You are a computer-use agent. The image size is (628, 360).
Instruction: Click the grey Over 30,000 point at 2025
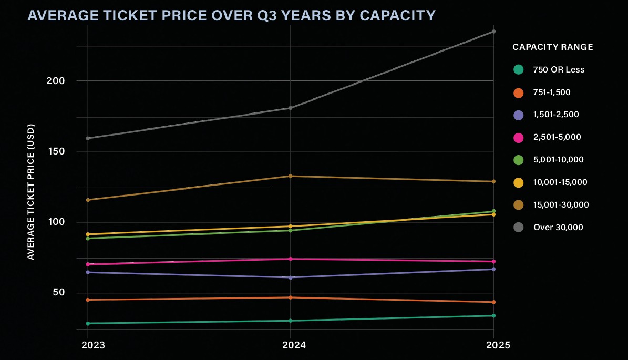pyautogui.click(x=493, y=32)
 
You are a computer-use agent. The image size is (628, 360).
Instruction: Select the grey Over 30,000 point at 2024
pyautogui.click(x=291, y=108)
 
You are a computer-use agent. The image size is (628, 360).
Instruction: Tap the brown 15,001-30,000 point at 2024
pyautogui.click(x=291, y=176)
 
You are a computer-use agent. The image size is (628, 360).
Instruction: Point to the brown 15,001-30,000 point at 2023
pyautogui.click(x=88, y=200)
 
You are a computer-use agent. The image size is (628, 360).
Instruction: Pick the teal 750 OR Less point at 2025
pyautogui.click(x=493, y=316)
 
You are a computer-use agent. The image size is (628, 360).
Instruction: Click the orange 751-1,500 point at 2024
pyautogui.click(x=291, y=297)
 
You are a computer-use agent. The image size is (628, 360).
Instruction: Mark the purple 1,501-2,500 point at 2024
pyautogui.click(x=291, y=277)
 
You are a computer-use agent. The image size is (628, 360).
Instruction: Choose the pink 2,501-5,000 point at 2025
pyautogui.click(x=493, y=262)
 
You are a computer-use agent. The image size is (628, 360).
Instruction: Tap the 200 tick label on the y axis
pyautogui.click(x=55, y=81)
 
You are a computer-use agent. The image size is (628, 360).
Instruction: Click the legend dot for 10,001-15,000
pyautogui.click(x=519, y=182)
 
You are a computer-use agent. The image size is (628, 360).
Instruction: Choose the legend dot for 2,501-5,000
pyautogui.click(x=519, y=137)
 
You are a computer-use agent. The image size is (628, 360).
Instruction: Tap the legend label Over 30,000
pyautogui.click(x=558, y=228)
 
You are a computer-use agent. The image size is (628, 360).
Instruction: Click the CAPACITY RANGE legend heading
pyautogui.click(x=553, y=47)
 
